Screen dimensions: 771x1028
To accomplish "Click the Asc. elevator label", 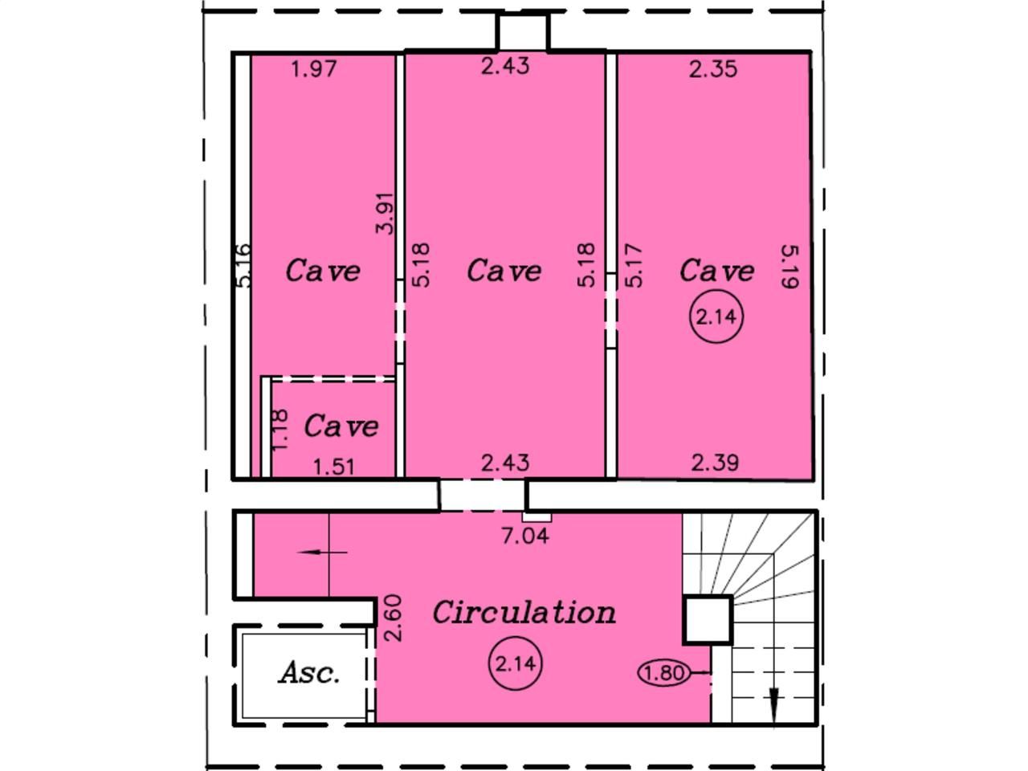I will tap(309, 673).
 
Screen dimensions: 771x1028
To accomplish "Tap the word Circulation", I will tap(524, 613).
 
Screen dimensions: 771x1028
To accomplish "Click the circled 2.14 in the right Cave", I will tap(715, 316).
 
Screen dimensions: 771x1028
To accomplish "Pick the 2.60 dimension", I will tap(393, 618).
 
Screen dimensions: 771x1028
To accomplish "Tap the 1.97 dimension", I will tap(314, 69).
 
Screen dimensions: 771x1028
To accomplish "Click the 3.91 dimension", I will tap(386, 213).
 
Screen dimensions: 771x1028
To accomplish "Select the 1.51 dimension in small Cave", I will tap(333, 466).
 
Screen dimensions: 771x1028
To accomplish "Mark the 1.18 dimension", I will tap(279, 431).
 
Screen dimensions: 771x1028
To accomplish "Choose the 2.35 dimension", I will tap(713, 69).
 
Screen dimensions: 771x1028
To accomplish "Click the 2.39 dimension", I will tap(715, 463).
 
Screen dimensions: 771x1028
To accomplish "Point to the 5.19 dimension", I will tap(789, 267).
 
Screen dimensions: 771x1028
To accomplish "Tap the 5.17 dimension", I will tap(634, 266).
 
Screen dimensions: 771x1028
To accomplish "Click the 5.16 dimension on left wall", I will tap(244, 266).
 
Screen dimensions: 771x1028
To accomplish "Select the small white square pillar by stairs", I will tap(707, 620).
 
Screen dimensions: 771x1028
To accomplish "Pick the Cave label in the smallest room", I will tap(341, 426).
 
